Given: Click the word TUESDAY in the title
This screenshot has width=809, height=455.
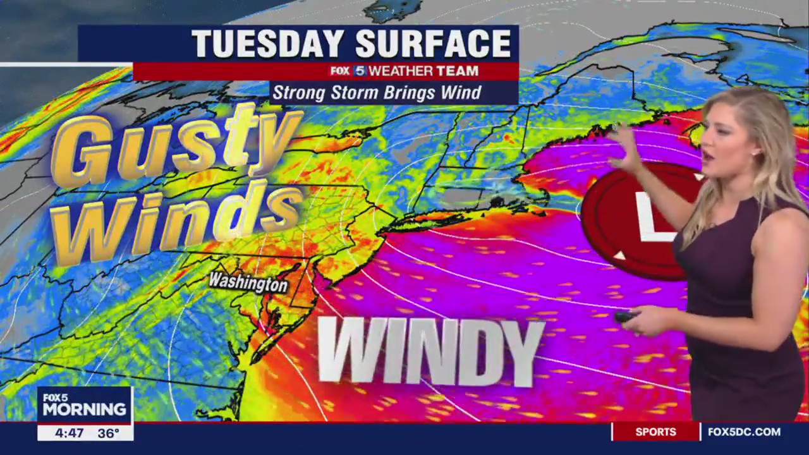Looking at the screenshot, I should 269,44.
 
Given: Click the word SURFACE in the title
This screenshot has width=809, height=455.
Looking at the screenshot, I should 433,44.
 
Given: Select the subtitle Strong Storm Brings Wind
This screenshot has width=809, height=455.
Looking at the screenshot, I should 377,93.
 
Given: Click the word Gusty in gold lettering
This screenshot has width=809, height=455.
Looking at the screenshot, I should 174,145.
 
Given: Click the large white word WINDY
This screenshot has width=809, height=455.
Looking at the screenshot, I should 430,351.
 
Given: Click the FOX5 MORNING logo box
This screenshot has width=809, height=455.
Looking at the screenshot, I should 84,404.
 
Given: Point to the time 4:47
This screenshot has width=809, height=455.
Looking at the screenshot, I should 68,434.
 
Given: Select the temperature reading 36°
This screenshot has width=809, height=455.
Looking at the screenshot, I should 108,434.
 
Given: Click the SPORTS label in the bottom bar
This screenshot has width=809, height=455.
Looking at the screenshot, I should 655,432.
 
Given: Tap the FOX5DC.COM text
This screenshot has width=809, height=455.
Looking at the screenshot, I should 744,432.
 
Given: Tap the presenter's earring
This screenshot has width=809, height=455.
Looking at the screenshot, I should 755,152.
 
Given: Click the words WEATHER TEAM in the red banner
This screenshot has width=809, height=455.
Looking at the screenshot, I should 423,71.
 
